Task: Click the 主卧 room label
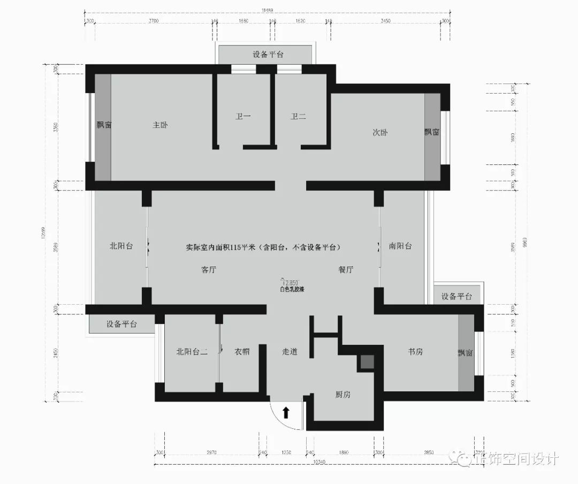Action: (x=160, y=125)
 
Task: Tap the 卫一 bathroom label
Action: (x=243, y=116)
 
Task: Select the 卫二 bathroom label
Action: (x=298, y=116)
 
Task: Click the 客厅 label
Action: (x=209, y=270)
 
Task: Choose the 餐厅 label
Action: (x=346, y=270)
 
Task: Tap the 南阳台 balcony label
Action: (x=400, y=246)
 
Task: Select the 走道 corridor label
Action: (x=290, y=352)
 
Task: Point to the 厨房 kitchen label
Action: (x=343, y=395)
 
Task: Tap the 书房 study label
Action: (x=416, y=352)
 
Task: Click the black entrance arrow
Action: (x=286, y=412)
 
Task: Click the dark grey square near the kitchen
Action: (x=367, y=362)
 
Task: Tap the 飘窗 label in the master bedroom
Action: (x=104, y=125)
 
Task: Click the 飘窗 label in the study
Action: (x=465, y=353)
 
